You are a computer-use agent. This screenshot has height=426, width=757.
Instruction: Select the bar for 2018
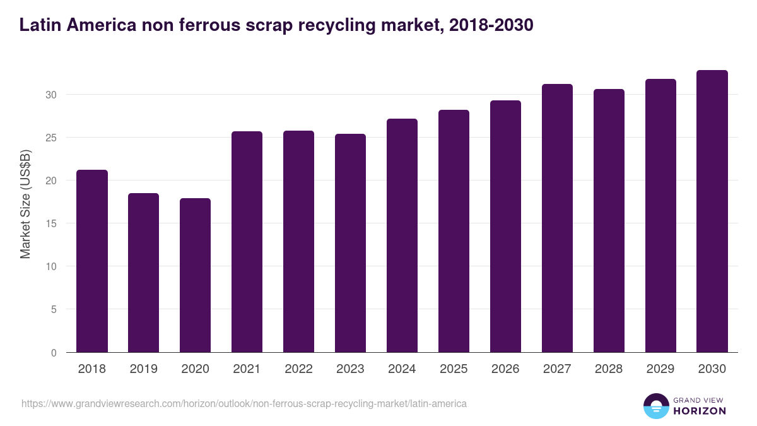click(92, 261)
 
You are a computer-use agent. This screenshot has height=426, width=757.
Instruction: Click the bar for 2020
click(196, 275)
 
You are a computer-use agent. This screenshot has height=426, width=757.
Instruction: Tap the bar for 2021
click(247, 242)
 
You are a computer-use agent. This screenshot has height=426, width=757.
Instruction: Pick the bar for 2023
click(350, 243)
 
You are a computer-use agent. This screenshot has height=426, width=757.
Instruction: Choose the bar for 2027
click(557, 218)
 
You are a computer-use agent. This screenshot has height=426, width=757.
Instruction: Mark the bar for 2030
click(712, 211)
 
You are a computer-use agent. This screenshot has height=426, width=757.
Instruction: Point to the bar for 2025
click(454, 231)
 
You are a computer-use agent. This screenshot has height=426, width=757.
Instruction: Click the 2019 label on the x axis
click(144, 369)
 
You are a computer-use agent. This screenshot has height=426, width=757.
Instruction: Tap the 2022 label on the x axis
click(299, 369)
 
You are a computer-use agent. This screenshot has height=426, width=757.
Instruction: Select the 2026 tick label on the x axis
click(505, 369)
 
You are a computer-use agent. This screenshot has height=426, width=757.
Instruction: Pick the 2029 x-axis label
click(660, 369)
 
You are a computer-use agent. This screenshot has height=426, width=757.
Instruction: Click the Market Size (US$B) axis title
click(25, 203)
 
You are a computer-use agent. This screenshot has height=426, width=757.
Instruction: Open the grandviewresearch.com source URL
click(244, 403)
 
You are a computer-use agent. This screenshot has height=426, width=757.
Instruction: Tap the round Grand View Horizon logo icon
click(656, 406)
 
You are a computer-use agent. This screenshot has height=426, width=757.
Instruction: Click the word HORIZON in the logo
click(700, 411)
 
